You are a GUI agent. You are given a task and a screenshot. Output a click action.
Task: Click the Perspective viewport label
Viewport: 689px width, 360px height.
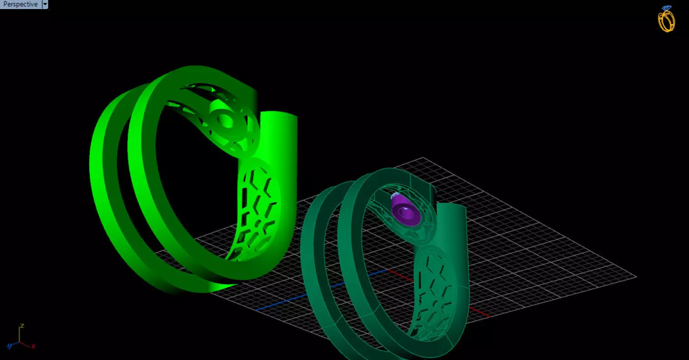20,4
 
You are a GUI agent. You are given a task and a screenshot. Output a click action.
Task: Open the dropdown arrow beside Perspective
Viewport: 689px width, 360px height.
45,4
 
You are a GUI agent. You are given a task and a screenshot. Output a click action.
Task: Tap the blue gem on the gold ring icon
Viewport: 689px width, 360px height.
666,8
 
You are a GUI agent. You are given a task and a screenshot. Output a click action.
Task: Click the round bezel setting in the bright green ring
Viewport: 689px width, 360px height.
224,120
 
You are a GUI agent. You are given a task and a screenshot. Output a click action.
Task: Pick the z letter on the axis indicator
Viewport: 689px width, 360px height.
21,326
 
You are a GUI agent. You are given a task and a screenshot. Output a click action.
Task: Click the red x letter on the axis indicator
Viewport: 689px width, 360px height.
33,346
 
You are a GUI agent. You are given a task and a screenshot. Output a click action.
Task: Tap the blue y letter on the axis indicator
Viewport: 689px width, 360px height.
9,346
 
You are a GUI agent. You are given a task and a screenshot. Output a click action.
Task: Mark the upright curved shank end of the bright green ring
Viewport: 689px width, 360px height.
282,136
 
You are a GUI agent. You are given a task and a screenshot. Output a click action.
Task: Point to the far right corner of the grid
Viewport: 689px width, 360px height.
635,276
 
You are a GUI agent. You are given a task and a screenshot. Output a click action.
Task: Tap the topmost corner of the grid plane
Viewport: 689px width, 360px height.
423,158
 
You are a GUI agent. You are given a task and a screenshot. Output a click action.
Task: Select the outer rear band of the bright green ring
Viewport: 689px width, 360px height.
102,182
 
